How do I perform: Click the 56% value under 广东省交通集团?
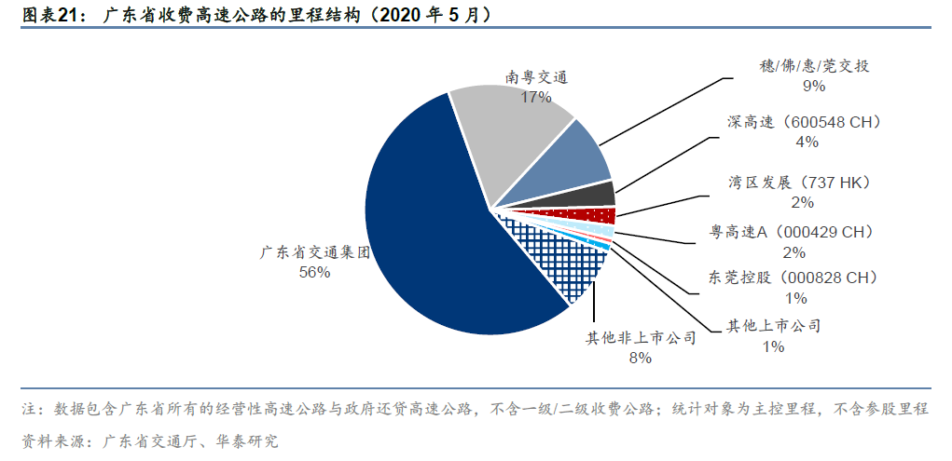(314, 272)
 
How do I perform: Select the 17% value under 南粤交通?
(537, 97)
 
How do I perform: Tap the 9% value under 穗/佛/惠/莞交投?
(814, 86)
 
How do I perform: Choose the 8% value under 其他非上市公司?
(640, 358)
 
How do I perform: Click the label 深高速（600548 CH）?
(804, 122)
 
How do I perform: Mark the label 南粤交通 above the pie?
(537, 78)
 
